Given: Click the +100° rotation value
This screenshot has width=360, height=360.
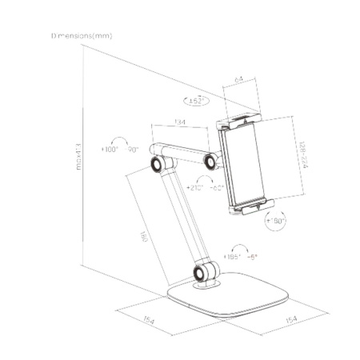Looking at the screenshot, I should pos(110,150).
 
